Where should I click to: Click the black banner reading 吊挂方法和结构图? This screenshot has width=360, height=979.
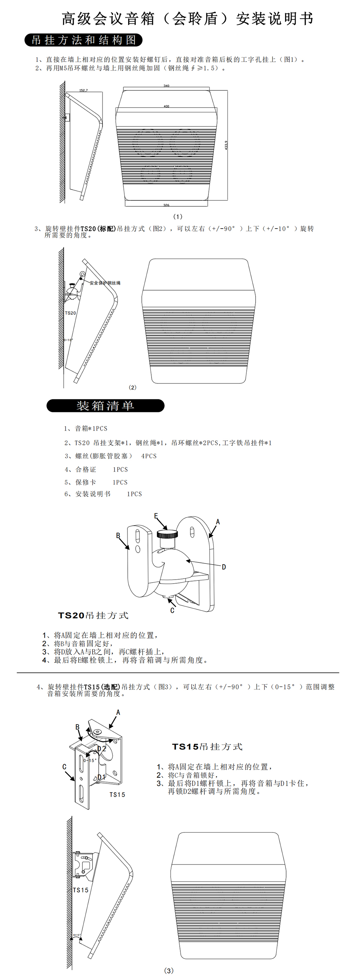pyautogui.click(x=84, y=40)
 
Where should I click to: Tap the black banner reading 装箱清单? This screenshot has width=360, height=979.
pyautogui.click(x=105, y=405)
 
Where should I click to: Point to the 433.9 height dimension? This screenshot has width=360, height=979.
pyautogui.click(x=226, y=145)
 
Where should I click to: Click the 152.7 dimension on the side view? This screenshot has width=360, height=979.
pyautogui.click(x=83, y=90)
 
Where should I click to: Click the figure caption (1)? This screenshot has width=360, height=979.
pyautogui.click(x=177, y=217)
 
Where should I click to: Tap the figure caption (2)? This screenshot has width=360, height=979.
pyautogui.click(x=132, y=387)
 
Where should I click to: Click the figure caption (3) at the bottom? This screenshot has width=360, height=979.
pyautogui.click(x=169, y=970)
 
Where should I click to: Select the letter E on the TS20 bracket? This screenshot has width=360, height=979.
pyautogui.click(x=156, y=516)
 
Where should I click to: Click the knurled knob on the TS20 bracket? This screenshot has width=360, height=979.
pyautogui.click(x=167, y=534)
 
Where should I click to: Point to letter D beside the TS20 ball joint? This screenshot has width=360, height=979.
pyautogui.click(x=224, y=567)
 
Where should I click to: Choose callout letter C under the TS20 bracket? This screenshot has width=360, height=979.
pyautogui.click(x=172, y=610)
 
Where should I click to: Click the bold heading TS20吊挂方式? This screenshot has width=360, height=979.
pyautogui.click(x=93, y=615)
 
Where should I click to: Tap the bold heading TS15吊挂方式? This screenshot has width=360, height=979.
pyautogui.click(x=207, y=746)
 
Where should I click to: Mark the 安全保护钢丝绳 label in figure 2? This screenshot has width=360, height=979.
pyautogui.click(x=105, y=283)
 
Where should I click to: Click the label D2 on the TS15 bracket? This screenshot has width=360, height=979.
pyautogui.click(x=102, y=749)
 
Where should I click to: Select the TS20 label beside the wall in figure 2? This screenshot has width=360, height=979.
pyautogui.click(x=70, y=313)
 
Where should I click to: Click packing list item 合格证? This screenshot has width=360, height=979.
pyautogui.click(x=86, y=470)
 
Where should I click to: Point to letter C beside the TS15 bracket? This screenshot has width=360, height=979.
pyautogui.click(x=64, y=767)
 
